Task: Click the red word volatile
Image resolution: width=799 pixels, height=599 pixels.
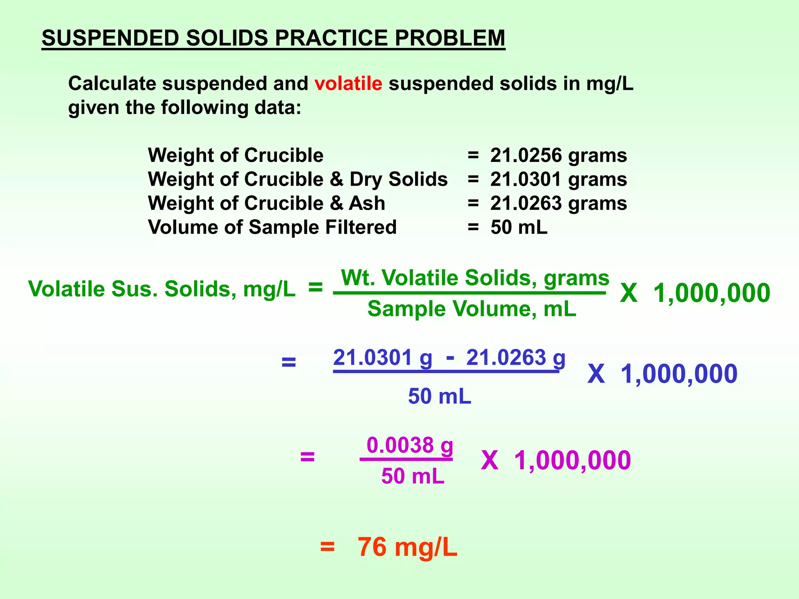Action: point(348,84)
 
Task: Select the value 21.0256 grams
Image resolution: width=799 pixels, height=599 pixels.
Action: point(558,155)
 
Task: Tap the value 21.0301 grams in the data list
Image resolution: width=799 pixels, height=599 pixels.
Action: point(558,179)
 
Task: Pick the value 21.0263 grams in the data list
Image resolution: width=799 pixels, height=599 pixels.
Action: point(558,203)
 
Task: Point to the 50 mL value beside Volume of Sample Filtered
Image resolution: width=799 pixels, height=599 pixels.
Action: point(519,227)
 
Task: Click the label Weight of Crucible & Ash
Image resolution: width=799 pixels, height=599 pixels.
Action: point(266,203)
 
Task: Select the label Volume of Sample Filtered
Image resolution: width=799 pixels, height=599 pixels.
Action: point(272,227)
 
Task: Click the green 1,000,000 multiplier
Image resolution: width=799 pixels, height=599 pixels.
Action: point(712,293)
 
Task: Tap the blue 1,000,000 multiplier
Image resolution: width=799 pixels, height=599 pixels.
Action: point(679,374)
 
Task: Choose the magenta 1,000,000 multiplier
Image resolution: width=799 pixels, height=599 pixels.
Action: point(572,460)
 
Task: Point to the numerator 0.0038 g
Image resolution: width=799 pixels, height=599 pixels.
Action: point(410,445)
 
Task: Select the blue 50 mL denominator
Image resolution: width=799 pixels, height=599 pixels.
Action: point(440,396)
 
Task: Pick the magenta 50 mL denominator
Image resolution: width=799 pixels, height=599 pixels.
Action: point(413,476)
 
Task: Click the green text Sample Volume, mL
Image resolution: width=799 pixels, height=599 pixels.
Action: point(472,309)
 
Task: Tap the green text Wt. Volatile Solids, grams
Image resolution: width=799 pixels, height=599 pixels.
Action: point(475,278)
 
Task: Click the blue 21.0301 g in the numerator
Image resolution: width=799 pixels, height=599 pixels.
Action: point(383,358)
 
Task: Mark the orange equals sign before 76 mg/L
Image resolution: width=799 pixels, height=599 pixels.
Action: point(327,547)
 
